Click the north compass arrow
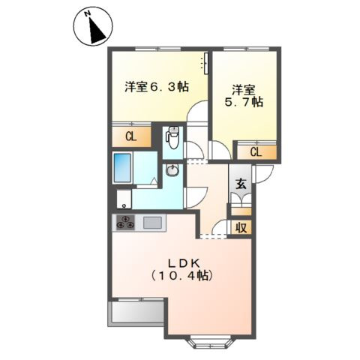pos(97,29)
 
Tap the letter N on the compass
pos(88,14)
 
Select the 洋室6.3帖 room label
pos(155,87)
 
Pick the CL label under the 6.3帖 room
pos(130,136)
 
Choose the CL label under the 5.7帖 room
pos(256,152)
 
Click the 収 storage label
pos(240,227)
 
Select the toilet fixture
pos(173,137)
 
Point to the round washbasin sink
pos(173,171)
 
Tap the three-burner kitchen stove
pos(124,223)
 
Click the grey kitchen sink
pos(152,223)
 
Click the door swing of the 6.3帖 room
pos(198,113)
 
